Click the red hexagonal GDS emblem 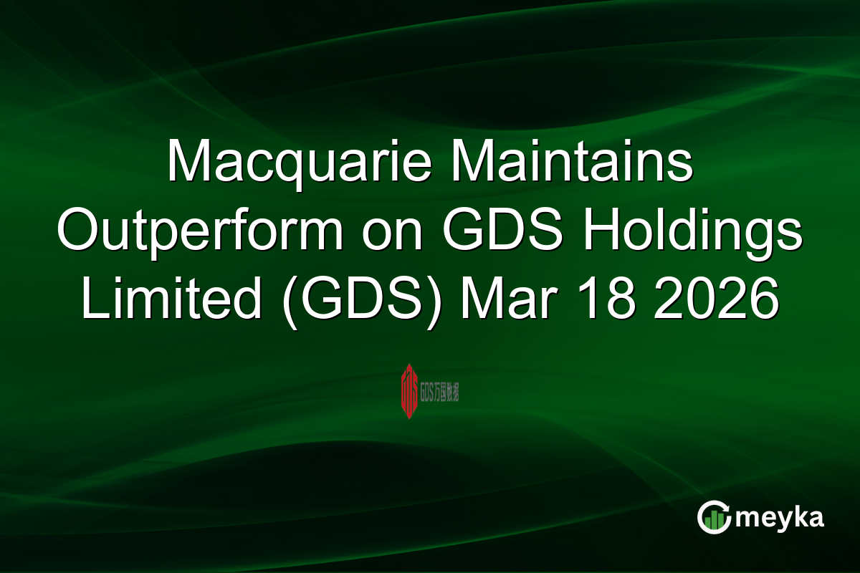(x=409, y=391)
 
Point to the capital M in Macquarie (x=188, y=163)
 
